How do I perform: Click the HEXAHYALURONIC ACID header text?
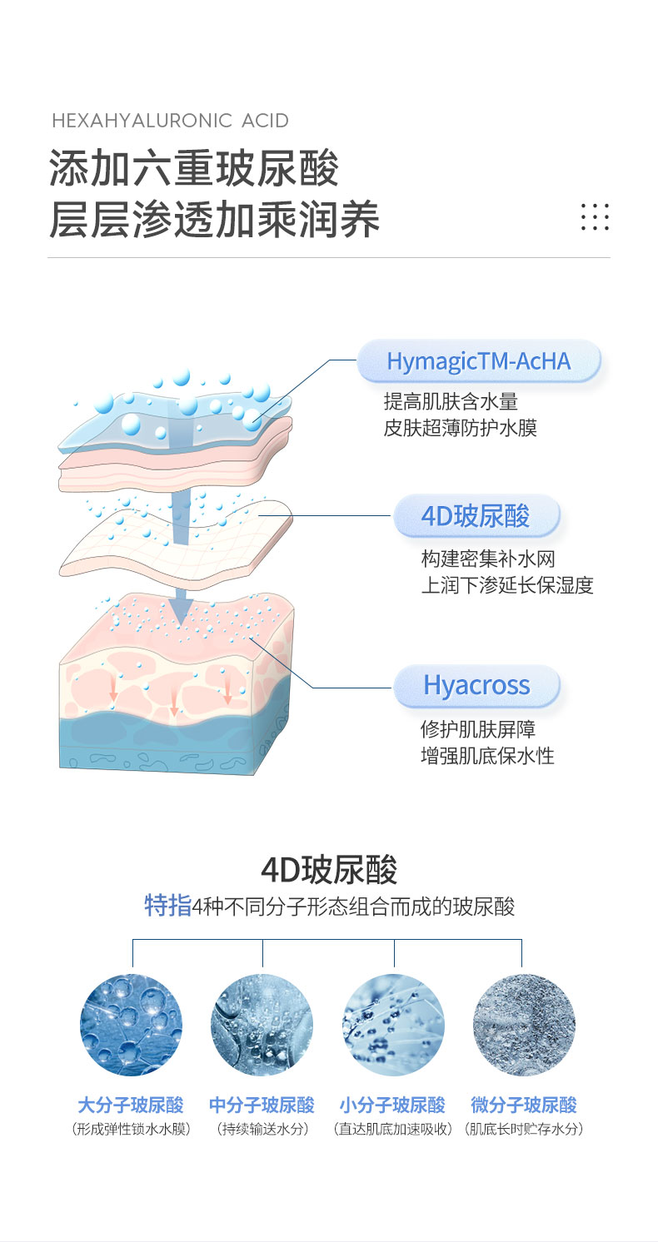pos(170,121)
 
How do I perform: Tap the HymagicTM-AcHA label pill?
pos(479,361)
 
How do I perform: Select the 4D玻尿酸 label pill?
pos(476,516)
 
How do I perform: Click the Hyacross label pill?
pos(476,685)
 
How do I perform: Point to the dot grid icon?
pos(595,216)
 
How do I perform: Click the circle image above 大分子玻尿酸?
pos(131,1025)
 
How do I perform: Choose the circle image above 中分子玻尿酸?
pos(262,1025)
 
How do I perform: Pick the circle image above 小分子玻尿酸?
pos(393,1025)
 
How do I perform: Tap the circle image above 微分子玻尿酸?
pos(524,1025)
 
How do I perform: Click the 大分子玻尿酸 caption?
pos(131,1105)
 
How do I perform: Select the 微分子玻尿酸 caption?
pos(524,1105)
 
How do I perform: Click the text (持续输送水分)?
pos(262,1130)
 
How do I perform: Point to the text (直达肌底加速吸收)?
pos(393,1130)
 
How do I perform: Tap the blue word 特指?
pos(168,906)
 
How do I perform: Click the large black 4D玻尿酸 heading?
pos(329,869)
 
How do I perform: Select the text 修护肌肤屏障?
pos(478,730)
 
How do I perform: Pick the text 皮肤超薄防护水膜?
pos(460,428)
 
